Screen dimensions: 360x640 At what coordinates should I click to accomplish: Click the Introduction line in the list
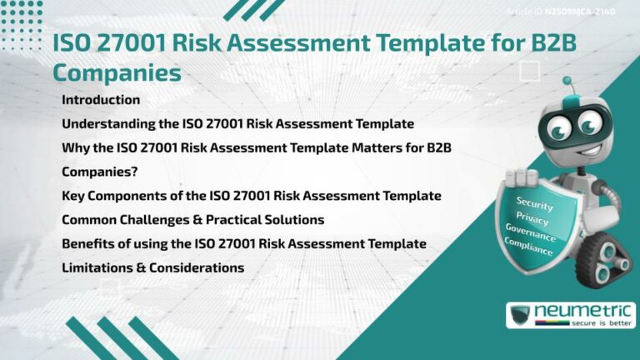click(101, 100)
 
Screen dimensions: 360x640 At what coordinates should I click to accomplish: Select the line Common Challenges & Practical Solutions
click(192, 220)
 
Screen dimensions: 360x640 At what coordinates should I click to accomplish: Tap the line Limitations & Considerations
click(152, 268)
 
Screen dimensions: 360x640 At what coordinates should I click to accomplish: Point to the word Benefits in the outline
click(87, 243)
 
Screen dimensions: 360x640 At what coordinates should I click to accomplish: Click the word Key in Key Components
click(72, 196)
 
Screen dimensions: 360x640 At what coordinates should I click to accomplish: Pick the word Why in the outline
click(74, 148)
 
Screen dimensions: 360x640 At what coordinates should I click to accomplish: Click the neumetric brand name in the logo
click(580, 311)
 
